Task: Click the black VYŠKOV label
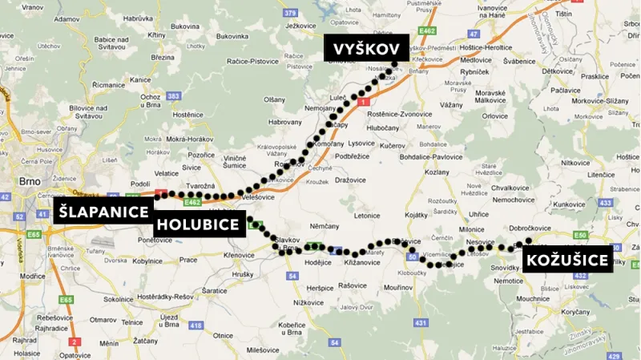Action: pos(366,50)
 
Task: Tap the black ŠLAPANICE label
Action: pos(103,212)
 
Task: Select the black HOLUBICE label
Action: pos(199,224)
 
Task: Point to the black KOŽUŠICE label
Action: pos(567,260)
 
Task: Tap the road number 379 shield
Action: pos(290,13)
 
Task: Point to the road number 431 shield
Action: pos(421,322)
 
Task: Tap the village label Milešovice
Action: pos(263,350)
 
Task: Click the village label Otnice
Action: pos(224,335)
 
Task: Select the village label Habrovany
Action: pos(285,122)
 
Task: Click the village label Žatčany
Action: pos(145,341)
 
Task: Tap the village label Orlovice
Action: pos(494,115)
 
